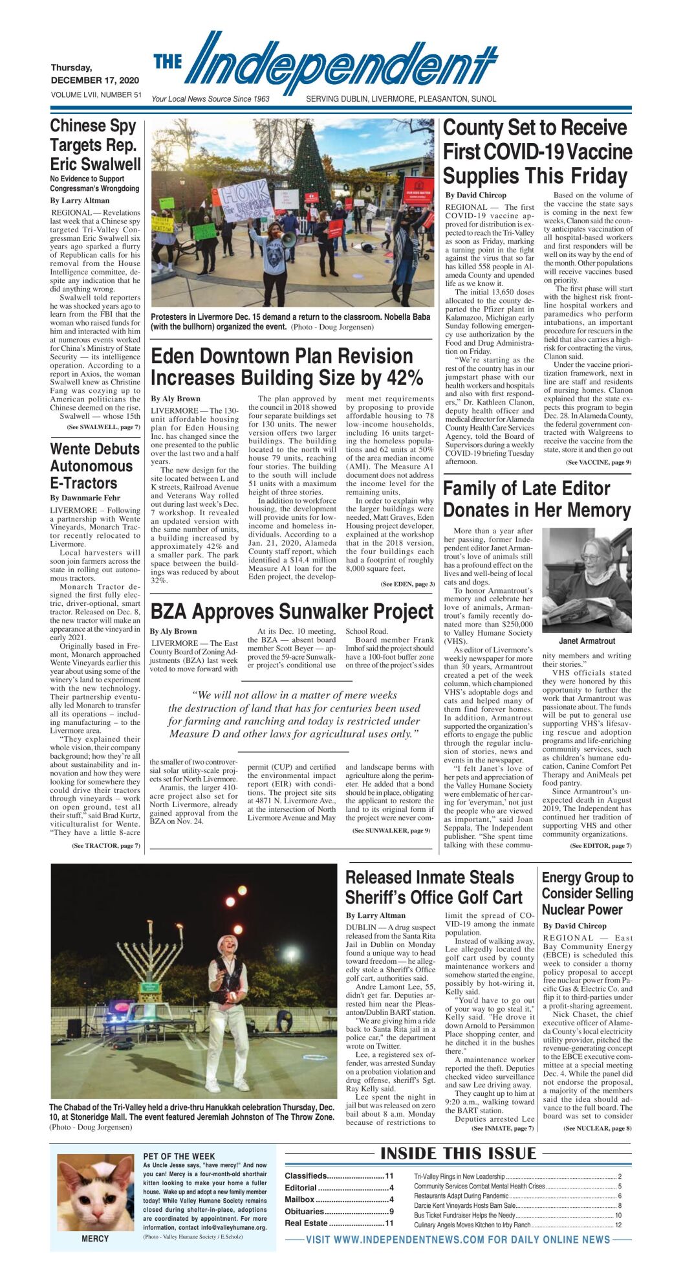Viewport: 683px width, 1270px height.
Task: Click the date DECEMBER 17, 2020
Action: click(95, 80)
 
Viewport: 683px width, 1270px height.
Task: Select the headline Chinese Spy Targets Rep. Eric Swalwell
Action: click(95, 145)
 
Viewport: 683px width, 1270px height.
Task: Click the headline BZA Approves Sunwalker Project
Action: click(292, 611)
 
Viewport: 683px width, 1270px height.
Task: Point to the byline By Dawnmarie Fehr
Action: click(85, 498)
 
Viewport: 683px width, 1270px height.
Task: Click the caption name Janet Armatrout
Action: click(587, 641)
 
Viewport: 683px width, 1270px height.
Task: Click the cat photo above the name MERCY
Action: click(95, 1192)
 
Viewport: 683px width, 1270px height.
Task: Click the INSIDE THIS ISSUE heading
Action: click(458, 1153)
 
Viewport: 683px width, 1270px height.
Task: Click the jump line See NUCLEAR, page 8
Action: click(597, 1128)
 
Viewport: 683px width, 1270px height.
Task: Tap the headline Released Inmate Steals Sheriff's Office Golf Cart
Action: click(433, 887)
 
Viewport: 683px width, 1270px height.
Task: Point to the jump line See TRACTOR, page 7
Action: click(105, 845)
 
